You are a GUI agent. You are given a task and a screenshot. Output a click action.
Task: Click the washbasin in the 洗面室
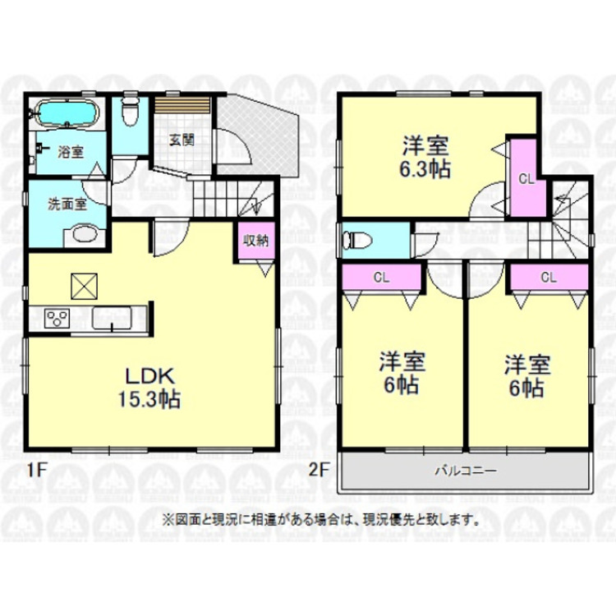point(83,235)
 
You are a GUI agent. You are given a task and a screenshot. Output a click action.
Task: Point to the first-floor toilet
point(128,113)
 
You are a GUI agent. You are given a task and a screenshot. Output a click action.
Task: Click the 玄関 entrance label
point(182,139)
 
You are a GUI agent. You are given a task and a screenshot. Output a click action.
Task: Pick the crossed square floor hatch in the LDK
point(85,286)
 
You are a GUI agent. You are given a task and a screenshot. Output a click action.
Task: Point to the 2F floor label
point(319,471)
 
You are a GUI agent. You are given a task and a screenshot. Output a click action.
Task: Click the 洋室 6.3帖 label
point(425,158)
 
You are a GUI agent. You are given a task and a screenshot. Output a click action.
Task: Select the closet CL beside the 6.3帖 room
point(525,177)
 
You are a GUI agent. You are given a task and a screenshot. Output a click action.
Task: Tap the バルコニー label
point(464,472)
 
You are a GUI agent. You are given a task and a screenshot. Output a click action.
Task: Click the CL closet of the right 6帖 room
point(547,278)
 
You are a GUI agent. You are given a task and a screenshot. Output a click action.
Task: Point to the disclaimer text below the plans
point(320,519)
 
